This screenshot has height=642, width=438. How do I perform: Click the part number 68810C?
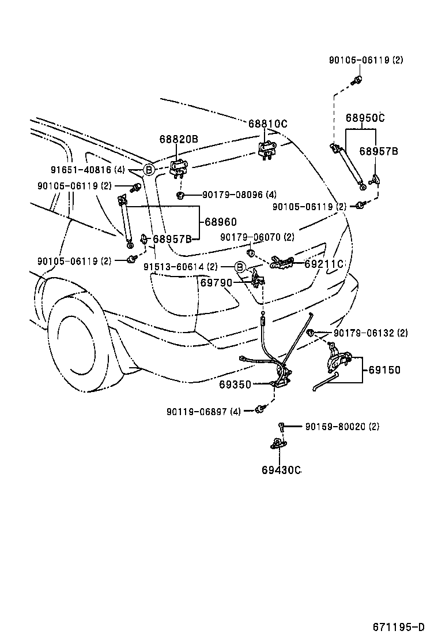[x=267, y=124]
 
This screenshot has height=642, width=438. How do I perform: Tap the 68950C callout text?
[x=365, y=118]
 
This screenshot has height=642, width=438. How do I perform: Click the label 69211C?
[x=324, y=264]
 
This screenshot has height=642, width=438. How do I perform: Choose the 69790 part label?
[x=216, y=283]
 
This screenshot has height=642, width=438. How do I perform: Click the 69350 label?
[x=235, y=385]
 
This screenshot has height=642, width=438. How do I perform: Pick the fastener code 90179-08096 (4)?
[x=239, y=195]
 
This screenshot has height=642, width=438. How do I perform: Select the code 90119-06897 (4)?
[x=204, y=411]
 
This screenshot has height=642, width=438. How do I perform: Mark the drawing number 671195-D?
[x=398, y=627]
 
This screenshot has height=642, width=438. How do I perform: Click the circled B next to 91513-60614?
[x=240, y=267]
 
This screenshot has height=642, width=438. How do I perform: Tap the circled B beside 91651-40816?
[x=148, y=170]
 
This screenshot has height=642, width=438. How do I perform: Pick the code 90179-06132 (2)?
[x=371, y=333]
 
